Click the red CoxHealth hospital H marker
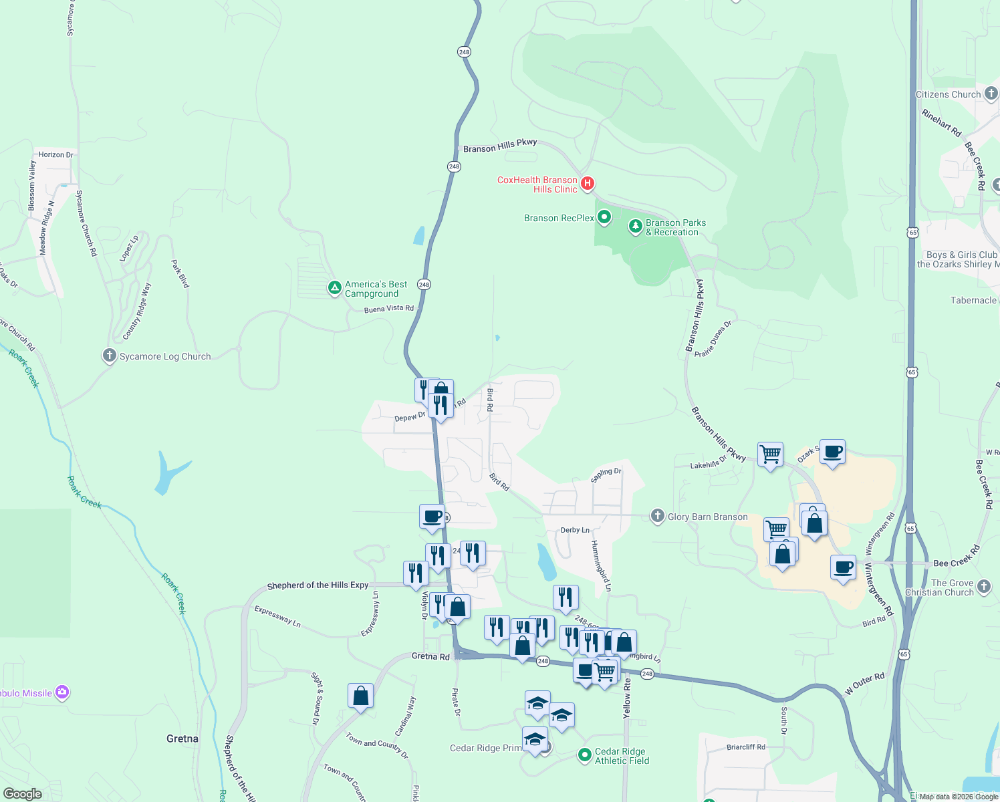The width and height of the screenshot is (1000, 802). pos(588,182)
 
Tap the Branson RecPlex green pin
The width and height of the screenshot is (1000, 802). pos(604,217)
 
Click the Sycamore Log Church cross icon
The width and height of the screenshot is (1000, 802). pos(110,356)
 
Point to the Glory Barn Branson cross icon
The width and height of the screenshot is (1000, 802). pos(658,516)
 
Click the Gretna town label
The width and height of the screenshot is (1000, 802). pos(182,739)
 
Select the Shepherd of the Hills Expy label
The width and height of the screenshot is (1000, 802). pos(318,585)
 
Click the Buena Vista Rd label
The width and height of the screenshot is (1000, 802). pos(389,309)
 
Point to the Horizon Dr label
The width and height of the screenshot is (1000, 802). pos(56,154)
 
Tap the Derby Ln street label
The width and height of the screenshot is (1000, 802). pos(575,530)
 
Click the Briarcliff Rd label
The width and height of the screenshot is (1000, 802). pos(746,747)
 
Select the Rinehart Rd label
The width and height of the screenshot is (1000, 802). pos(941,123)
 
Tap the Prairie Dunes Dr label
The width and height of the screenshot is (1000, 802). pos(713,339)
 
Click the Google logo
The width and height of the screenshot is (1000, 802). pos(23,794)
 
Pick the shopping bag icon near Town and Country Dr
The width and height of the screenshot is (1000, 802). pos(361,696)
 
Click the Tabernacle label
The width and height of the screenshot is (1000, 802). pos(973,301)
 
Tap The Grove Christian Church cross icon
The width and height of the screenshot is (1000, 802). pos(984,587)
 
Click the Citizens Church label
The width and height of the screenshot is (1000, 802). pos(948,95)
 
